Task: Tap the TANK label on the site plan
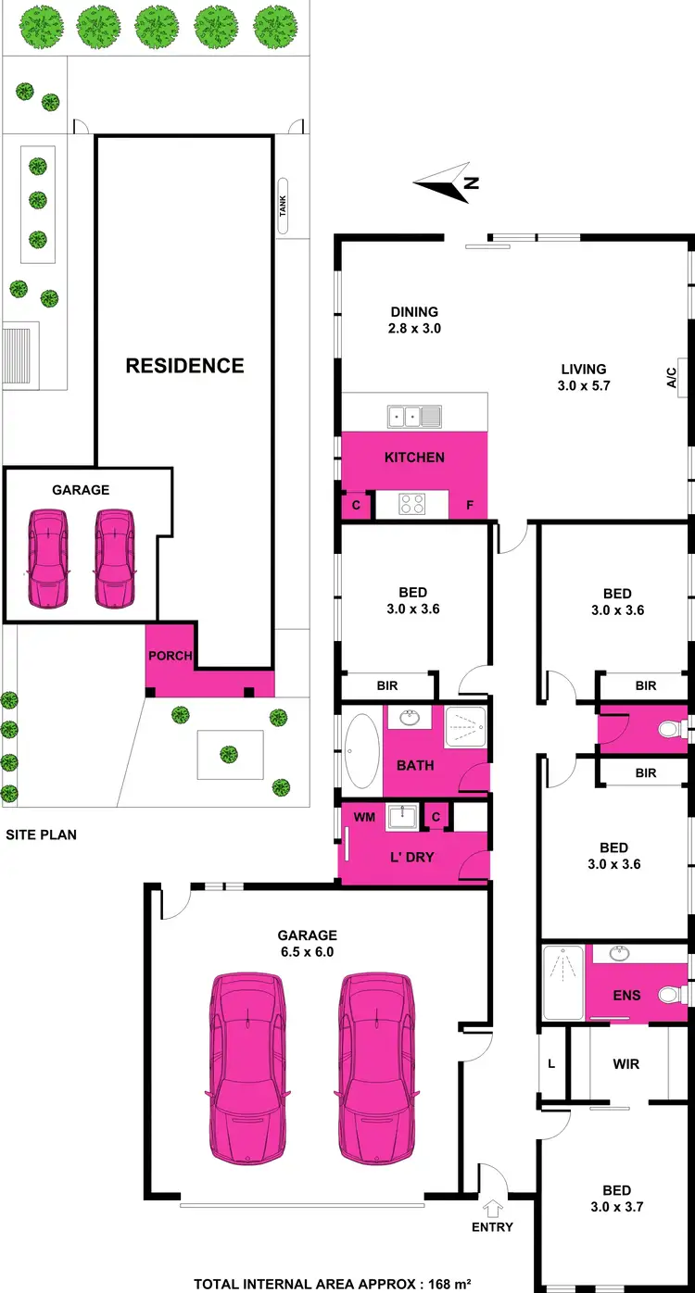[284, 207]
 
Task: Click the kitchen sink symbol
[414, 417]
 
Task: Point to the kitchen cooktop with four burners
[411, 504]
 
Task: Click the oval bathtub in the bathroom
[361, 750]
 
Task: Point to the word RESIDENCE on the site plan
[184, 366]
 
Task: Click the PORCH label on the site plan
[170, 656]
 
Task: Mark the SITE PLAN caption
[41, 835]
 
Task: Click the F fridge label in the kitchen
[470, 507]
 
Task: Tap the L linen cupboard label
[551, 1064]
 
